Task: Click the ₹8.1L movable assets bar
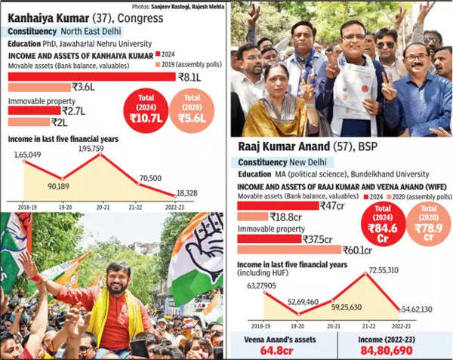pos(91,76)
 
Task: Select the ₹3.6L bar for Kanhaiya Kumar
pos(38,87)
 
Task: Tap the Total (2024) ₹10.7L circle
pos(146,110)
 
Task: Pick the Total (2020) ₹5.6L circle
pos(192,110)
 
